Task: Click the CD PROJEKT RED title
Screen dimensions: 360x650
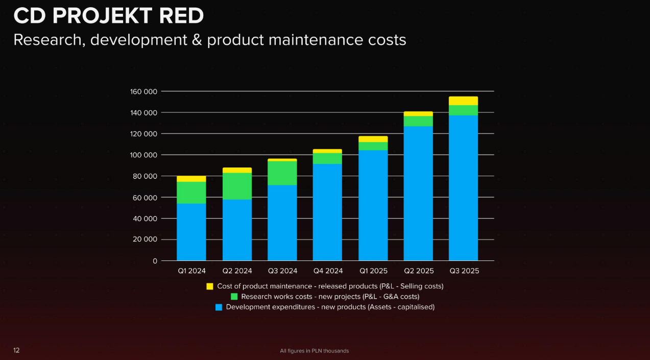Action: [x=108, y=16]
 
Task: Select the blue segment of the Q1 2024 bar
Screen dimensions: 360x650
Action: [x=191, y=232]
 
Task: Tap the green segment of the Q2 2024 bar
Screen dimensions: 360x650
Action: [x=237, y=186]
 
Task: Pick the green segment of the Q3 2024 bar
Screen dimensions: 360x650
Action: [x=282, y=173]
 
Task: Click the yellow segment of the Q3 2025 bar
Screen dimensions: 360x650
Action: [x=463, y=101]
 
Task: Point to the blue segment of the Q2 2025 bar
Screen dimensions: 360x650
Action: [x=418, y=194]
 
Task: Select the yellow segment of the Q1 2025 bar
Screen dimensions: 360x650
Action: [x=373, y=139]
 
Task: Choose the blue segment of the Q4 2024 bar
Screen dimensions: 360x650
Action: [x=327, y=212]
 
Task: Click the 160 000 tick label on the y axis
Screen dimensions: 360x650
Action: [x=144, y=92]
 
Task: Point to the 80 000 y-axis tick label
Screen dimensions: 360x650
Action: [x=146, y=176]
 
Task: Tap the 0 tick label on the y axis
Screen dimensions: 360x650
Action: [x=155, y=261]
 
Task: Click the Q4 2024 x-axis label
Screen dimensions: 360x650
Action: [x=327, y=271]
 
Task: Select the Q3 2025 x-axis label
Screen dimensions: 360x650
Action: [x=464, y=271]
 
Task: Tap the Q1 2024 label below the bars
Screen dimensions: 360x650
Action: [x=191, y=271]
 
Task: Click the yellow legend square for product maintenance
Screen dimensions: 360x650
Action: [x=210, y=286]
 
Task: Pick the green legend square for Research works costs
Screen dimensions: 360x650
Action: [x=234, y=297]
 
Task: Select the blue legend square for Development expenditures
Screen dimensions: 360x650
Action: [x=219, y=307]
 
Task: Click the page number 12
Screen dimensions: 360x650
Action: [x=16, y=350]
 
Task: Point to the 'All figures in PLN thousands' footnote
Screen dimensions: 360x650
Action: [x=314, y=351]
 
